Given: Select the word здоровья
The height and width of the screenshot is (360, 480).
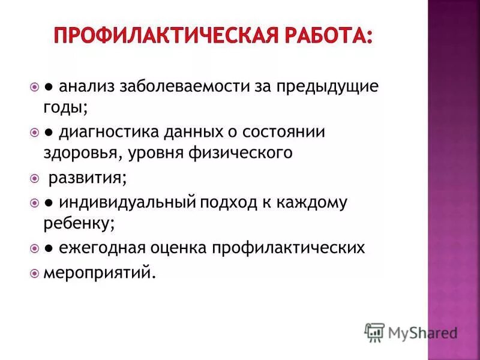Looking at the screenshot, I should (83, 153).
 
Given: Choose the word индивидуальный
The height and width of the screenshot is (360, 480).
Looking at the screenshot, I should (127, 203).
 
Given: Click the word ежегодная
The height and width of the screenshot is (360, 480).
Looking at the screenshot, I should (106, 248).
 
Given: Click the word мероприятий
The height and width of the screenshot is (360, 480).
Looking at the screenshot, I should (98, 272).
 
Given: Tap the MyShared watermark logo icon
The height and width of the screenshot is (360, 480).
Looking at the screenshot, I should (374, 332).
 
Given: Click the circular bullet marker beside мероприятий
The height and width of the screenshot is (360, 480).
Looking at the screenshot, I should (34, 273).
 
